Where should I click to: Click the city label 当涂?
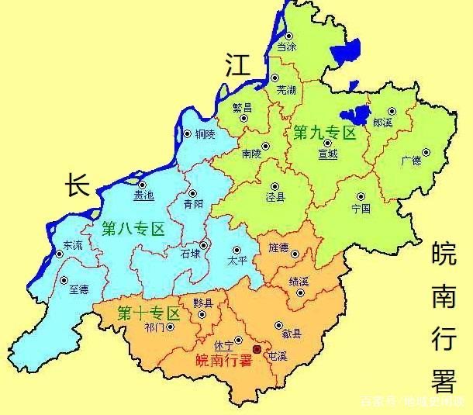(x=287, y=47)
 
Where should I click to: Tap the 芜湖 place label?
(x=286, y=90)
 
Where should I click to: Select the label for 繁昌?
(x=242, y=109)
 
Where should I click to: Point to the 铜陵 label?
(x=206, y=133)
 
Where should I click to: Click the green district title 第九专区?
(x=324, y=133)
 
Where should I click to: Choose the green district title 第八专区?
(x=133, y=229)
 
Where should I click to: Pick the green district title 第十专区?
(x=148, y=314)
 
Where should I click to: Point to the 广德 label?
(x=411, y=161)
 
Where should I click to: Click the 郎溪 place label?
(x=382, y=123)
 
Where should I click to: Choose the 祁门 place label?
(x=154, y=327)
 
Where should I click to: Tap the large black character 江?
(x=238, y=65)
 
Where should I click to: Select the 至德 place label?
(x=78, y=290)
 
